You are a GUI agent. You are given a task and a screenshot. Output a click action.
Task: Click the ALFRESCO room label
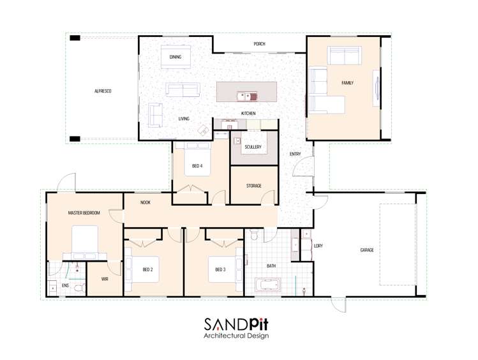(x=103, y=91)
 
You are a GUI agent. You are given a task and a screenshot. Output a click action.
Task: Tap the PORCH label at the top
(x=259, y=44)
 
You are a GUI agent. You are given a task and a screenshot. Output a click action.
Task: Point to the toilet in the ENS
(x=78, y=289)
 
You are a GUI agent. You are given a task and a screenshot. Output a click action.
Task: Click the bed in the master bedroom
(x=84, y=241)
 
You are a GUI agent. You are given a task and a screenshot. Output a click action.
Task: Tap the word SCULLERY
(x=253, y=147)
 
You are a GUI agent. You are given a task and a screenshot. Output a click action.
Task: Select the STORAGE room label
(x=253, y=186)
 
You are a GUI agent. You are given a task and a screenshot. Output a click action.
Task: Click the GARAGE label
(x=367, y=250)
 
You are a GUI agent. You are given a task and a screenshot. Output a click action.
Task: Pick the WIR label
(x=105, y=279)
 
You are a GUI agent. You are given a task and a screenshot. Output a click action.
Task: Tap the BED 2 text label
(x=148, y=269)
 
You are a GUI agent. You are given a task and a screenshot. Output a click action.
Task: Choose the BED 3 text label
(x=220, y=269)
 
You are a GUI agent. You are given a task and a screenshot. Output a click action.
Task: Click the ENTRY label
(x=295, y=154)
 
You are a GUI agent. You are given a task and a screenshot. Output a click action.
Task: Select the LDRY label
(x=318, y=245)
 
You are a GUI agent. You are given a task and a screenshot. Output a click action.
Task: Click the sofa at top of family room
(x=344, y=56)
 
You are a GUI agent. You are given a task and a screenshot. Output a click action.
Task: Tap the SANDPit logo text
(x=236, y=324)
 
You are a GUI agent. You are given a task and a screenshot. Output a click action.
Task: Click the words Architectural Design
(x=236, y=336)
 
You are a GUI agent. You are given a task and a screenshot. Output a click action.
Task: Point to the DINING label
(x=175, y=57)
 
